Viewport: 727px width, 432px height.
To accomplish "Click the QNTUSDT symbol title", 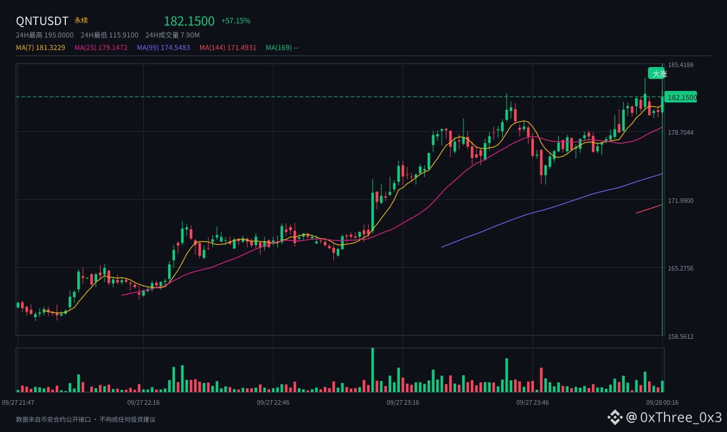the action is (x=42, y=21).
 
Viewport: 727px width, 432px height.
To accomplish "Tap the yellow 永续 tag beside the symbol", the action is (x=81, y=20).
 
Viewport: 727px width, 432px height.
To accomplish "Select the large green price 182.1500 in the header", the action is (x=189, y=21).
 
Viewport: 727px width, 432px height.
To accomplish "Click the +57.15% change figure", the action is (x=236, y=21).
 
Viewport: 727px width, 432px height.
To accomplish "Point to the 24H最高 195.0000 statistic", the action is (x=45, y=35).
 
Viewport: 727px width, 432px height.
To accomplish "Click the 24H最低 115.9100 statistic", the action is (x=110, y=35).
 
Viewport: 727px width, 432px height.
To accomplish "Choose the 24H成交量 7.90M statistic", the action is (x=172, y=35).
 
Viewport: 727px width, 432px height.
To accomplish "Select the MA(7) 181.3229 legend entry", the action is (x=40, y=48).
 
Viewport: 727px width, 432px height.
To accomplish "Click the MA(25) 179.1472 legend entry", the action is (x=101, y=48).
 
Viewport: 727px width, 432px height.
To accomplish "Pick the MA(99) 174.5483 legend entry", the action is (x=163, y=48).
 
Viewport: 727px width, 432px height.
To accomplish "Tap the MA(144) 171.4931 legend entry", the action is (x=228, y=48).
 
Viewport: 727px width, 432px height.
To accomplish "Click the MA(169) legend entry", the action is (x=282, y=48).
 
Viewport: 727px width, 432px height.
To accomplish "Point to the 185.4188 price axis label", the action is (x=680, y=65).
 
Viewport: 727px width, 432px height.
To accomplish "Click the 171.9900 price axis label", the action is (x=680, y=201).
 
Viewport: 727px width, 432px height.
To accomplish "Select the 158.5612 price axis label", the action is (x=680, y=337).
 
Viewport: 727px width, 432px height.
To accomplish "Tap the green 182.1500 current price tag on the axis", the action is (x=681, y=97).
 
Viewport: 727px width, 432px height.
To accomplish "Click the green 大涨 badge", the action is (x=657, y=74).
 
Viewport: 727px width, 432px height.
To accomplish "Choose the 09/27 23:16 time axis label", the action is (x=403, y=403).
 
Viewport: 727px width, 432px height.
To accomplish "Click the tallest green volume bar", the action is (x=373, y=370).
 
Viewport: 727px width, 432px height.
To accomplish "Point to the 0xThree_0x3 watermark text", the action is (x=681, y=417).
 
